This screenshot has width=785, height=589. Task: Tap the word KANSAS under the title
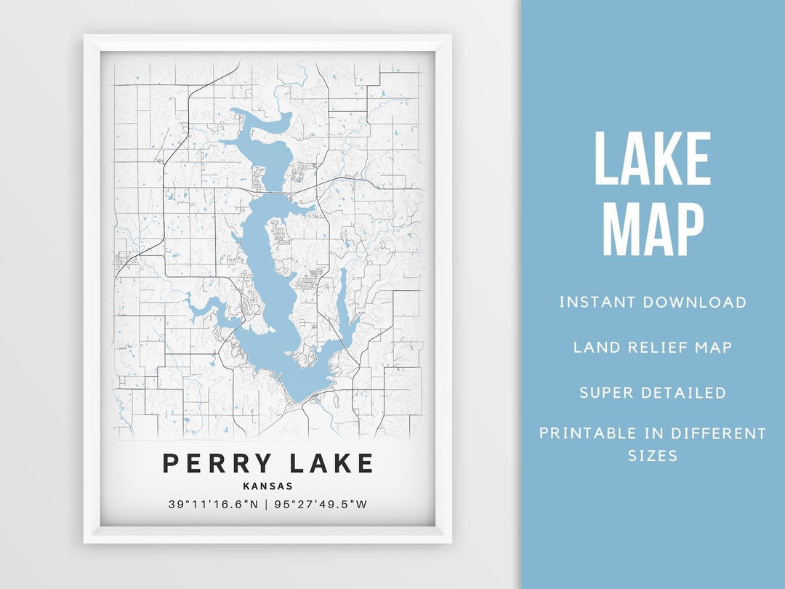[x=268, y=486]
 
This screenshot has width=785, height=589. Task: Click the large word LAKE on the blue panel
[x=653, y=159]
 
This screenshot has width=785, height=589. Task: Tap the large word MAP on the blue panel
[x=653, y=229]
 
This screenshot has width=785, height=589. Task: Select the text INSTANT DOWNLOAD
[x=653, y=302]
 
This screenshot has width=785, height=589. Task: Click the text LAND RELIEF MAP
[x=653, y=348]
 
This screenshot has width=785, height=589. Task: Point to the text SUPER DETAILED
[x=653, y=393]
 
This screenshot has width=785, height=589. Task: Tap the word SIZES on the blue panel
[x=653, y=456]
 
